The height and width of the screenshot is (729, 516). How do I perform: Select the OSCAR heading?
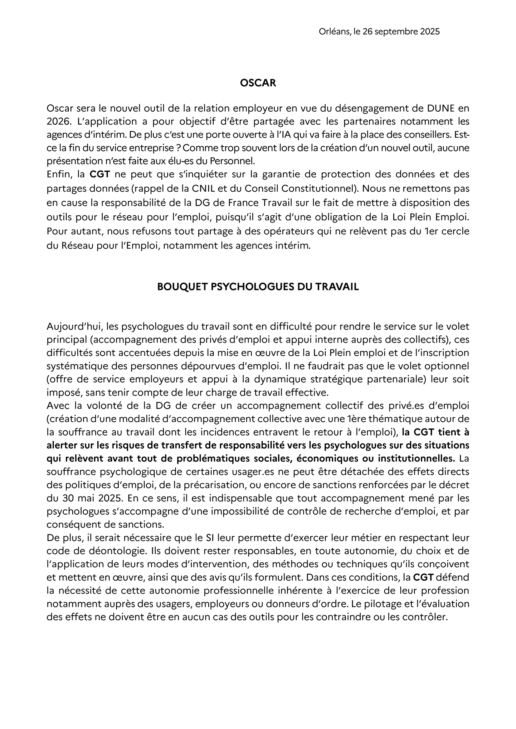[x=258, y=83]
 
